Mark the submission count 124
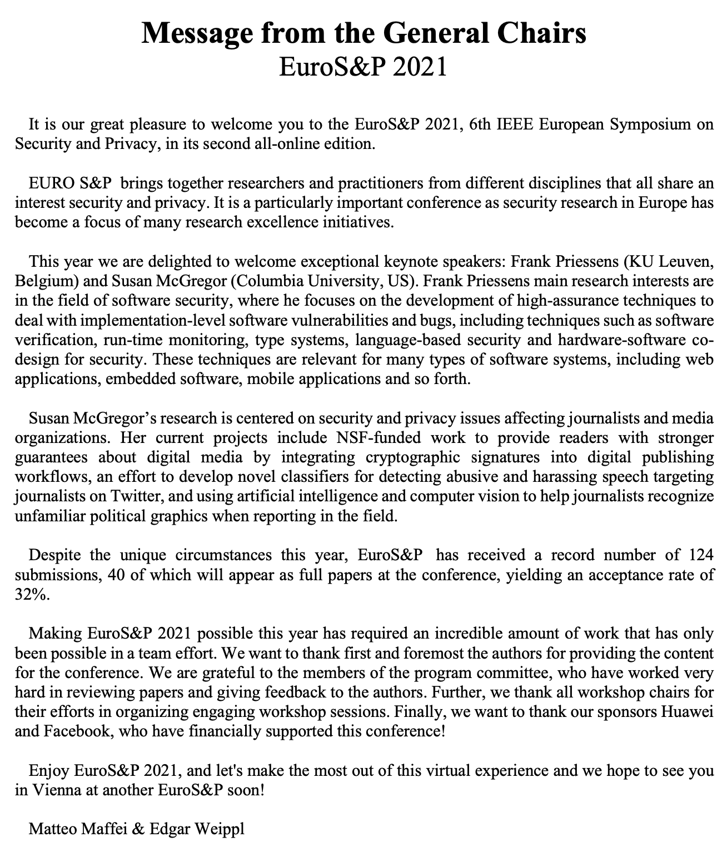coord(700,555)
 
